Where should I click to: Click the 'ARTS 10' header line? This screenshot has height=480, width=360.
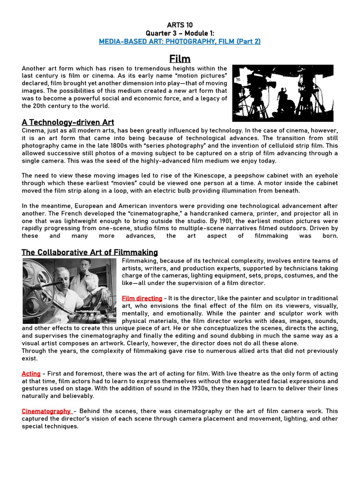click(180, 25)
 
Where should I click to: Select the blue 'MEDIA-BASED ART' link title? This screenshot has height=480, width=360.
click(180, 41)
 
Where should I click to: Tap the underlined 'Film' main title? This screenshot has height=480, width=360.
click(180, 59)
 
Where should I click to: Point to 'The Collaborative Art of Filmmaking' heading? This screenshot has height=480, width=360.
click(90, 252)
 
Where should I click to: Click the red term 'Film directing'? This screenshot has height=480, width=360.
click(142, 298)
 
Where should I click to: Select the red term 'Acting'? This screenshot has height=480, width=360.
click(31, 374)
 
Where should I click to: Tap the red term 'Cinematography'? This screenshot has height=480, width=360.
click(46, 411)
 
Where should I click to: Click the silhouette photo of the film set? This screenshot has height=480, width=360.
click(283, 93)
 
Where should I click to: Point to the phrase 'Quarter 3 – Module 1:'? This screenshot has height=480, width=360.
click(180, 33)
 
